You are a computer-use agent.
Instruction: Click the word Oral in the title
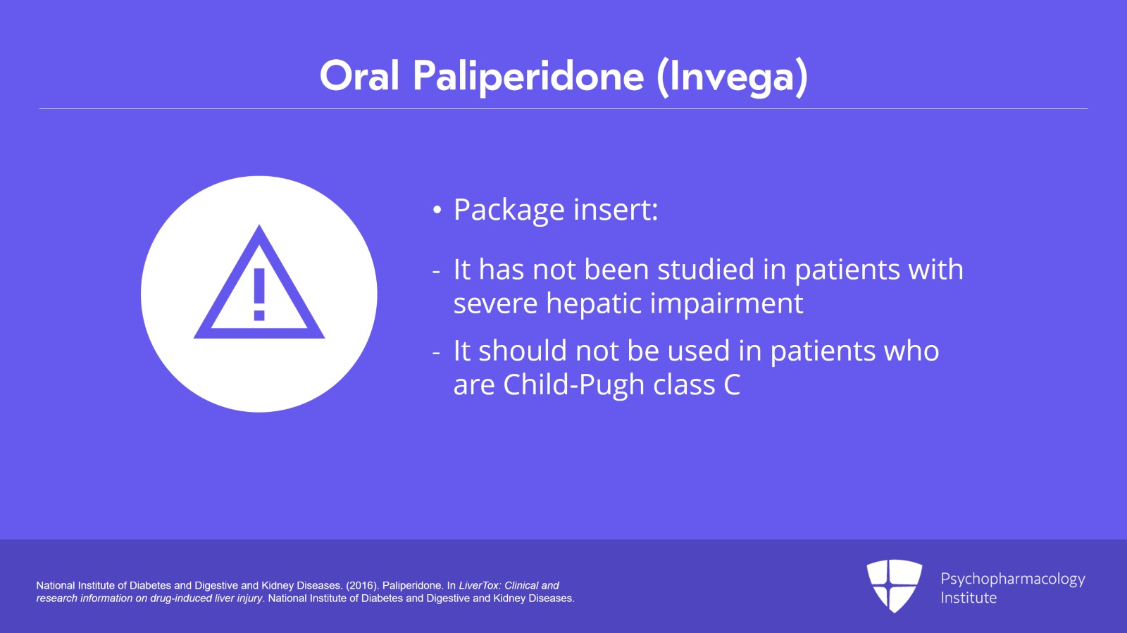coord(359,76)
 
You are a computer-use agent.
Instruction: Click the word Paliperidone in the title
coord(528,76)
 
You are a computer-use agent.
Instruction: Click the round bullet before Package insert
coord(437,211)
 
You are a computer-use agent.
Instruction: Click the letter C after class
coord(732,385)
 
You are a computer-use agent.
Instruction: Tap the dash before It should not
coord(437,351)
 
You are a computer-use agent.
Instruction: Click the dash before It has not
coord(437,270)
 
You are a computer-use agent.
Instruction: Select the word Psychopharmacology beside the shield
coord(1012,579)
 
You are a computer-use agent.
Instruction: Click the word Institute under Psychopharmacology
coord(969,598)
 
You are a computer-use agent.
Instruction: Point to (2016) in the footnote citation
coord(361,585)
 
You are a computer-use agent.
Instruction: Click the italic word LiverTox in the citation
coord(479,585)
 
